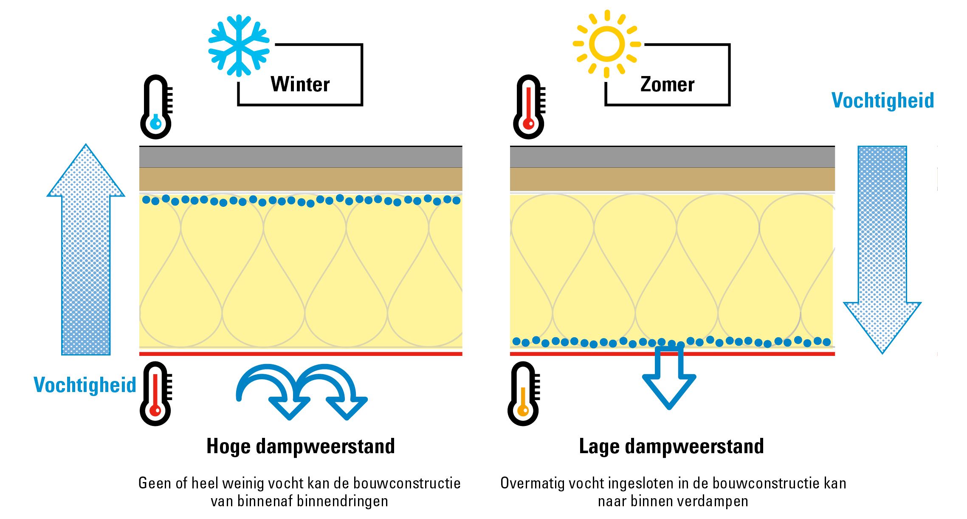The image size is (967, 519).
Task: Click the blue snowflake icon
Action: pyautogui.click(x=239, y=46)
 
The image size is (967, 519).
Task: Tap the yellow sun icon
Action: pyautogui.click(x=606, y=44)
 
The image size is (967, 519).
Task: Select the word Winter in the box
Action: pyautogui.click(x=300, y=84)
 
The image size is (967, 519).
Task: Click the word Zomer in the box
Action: pyautogui.click(x=667, y=85)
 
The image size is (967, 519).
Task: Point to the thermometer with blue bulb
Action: pyautogui.click(x=156, y=107)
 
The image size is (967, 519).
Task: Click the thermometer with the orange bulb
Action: pyautogui.click(x=523, y=394)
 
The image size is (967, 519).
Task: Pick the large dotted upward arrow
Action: pyautogui.click(x=86, y=251)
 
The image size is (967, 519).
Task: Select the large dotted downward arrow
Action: pyautogui.click(x=882, y=251)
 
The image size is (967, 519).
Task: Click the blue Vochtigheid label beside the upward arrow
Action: pyautogui.click(x=85, y=385)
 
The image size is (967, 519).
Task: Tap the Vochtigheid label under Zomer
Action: pyautogui.click(x=882, y=101)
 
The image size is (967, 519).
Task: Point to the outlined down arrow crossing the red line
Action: pyautogui.click(x=669, y=378)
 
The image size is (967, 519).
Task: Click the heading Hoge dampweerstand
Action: pyautogui.click(x=301, y=446)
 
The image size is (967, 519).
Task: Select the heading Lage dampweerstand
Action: pyautogui.click(x=671, y=446)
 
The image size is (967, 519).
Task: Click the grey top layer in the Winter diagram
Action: pyautogui.click(x=301, y=157)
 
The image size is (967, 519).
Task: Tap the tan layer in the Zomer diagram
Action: pyautogui.click(x=672, y=179)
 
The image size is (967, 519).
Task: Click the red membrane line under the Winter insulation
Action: pyautogui.click(x=301, y=354)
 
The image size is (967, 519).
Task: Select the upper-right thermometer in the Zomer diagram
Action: pyautogui.click(x=529, y=107)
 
